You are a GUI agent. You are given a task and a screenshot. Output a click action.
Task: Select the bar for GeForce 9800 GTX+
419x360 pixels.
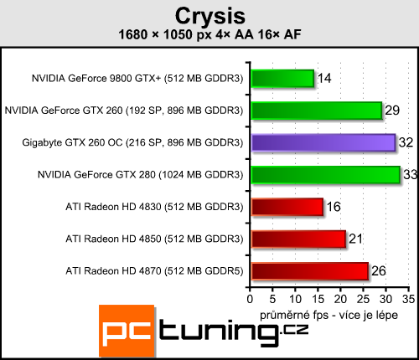282,79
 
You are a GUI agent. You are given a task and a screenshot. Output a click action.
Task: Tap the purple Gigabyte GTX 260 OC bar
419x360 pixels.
323,142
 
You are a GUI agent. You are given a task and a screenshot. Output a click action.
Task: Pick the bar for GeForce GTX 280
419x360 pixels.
324,174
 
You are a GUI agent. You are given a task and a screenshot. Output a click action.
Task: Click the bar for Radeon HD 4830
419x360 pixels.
286,207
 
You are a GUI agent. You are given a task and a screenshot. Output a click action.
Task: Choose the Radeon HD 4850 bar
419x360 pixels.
297,239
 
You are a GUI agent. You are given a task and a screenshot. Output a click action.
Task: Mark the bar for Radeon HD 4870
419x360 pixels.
308,270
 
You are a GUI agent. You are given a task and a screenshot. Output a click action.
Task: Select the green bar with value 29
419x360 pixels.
316,111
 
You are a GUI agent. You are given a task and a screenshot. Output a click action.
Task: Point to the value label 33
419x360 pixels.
411,175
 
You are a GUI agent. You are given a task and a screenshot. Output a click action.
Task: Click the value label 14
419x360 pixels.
324,79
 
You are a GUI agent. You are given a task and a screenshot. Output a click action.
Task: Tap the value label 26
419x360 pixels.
379,271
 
